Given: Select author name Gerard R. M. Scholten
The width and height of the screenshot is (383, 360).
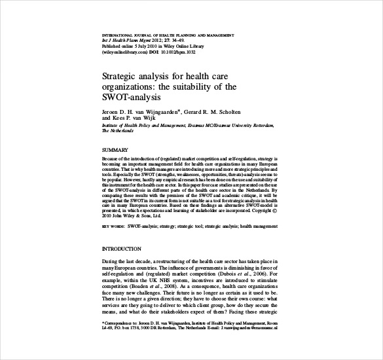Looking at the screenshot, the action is pyautogui.click(x=217, y=112).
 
